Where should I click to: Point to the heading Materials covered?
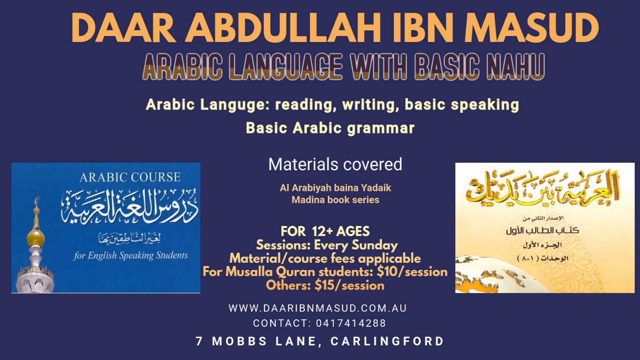point(335,164)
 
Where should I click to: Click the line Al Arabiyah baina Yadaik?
point(336,188)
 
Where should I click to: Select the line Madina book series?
point(336,200)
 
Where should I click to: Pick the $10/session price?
point(412,272)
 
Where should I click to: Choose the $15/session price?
point(349,286)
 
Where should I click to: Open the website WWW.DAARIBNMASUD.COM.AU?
point(318,308)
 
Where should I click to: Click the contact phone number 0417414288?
point(351,323)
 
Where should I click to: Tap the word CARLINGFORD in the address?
point(387,341)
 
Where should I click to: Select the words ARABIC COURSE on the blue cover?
point(130,178)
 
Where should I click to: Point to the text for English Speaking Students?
point(130,256)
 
